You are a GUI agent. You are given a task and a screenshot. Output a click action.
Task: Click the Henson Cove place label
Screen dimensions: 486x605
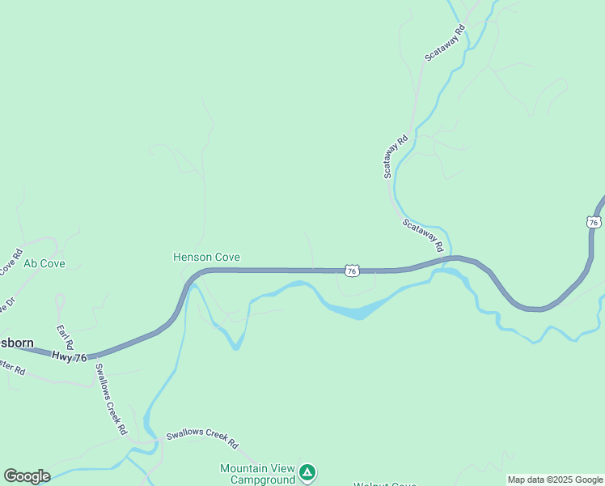tap(206, 257)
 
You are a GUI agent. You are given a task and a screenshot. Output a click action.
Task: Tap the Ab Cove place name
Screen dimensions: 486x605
tap(44, 263)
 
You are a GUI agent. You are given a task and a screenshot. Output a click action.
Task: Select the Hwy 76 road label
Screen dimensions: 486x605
tap(68, 356)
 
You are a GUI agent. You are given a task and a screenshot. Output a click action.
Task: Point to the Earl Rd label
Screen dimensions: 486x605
tap(65, 337)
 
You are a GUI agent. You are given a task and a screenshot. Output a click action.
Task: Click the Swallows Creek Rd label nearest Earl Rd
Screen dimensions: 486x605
tap(111, 399)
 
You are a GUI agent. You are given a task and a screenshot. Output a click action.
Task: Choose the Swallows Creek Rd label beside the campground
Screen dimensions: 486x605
tap(202, 439)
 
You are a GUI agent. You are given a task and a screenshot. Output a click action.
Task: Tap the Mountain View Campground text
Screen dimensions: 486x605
tap(258, 474)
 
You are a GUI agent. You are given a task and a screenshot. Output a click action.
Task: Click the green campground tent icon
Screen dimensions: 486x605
tap(307, 471)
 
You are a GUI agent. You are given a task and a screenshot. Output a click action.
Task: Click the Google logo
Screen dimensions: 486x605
tap(27, 476)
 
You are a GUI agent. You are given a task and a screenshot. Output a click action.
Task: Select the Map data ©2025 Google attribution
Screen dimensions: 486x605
tap(555, 480)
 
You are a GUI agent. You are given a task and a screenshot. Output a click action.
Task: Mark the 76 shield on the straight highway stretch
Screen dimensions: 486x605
tap(351, 271)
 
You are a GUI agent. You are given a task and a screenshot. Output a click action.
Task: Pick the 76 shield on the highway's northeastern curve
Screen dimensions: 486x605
tap(594, 222)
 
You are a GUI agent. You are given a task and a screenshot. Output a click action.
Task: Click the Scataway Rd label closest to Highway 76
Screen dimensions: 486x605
tap(423, 235)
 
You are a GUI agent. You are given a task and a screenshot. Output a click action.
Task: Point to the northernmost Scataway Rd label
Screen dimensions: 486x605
tap(446, 43)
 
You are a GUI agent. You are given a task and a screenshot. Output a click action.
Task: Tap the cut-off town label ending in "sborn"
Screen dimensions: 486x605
tap(16, 343)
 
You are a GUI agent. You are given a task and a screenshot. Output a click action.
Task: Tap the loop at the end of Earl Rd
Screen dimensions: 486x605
tap(60, 302)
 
